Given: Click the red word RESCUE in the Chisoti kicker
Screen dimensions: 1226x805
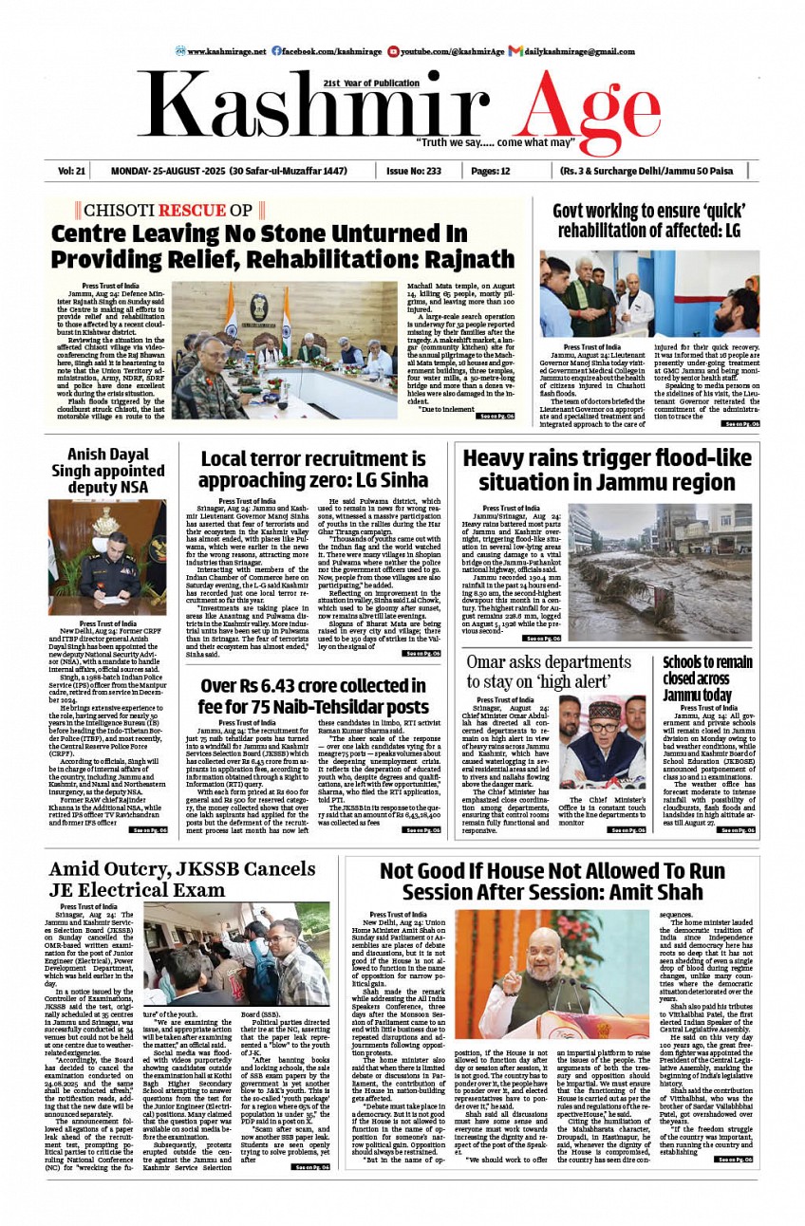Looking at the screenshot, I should (x=192, y=211).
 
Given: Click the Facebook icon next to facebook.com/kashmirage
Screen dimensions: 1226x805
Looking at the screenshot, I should (x=276, y=51).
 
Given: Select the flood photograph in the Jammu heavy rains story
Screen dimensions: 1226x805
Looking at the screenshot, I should (x=660, y=574).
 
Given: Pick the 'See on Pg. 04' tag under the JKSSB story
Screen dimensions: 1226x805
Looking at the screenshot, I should (x=310, y=1167).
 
